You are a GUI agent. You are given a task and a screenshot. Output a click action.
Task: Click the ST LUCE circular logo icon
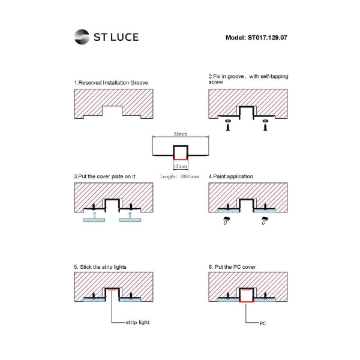[x=82, y=37]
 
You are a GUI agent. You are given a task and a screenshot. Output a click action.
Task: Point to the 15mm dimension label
[x=179, y=166]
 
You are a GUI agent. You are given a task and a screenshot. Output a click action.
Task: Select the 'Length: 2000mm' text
[x=179, y=177]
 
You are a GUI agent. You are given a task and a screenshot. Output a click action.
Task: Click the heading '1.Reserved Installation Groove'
[x=111, y=82]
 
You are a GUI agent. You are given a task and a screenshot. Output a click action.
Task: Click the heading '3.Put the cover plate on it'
[x=104, y=176]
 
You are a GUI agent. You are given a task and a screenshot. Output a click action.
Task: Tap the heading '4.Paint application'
[x=230, y=176]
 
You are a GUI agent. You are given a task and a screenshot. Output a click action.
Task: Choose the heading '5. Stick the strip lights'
[x=100, y=266]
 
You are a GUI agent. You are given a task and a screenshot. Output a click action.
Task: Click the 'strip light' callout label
[x=137, y=322]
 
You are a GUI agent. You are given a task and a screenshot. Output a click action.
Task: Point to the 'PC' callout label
[x=263, y=323]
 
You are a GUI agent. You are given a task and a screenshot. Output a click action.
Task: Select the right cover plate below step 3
[x=130, y=220]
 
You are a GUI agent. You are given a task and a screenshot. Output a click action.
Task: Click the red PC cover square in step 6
[x=246, y=295]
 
